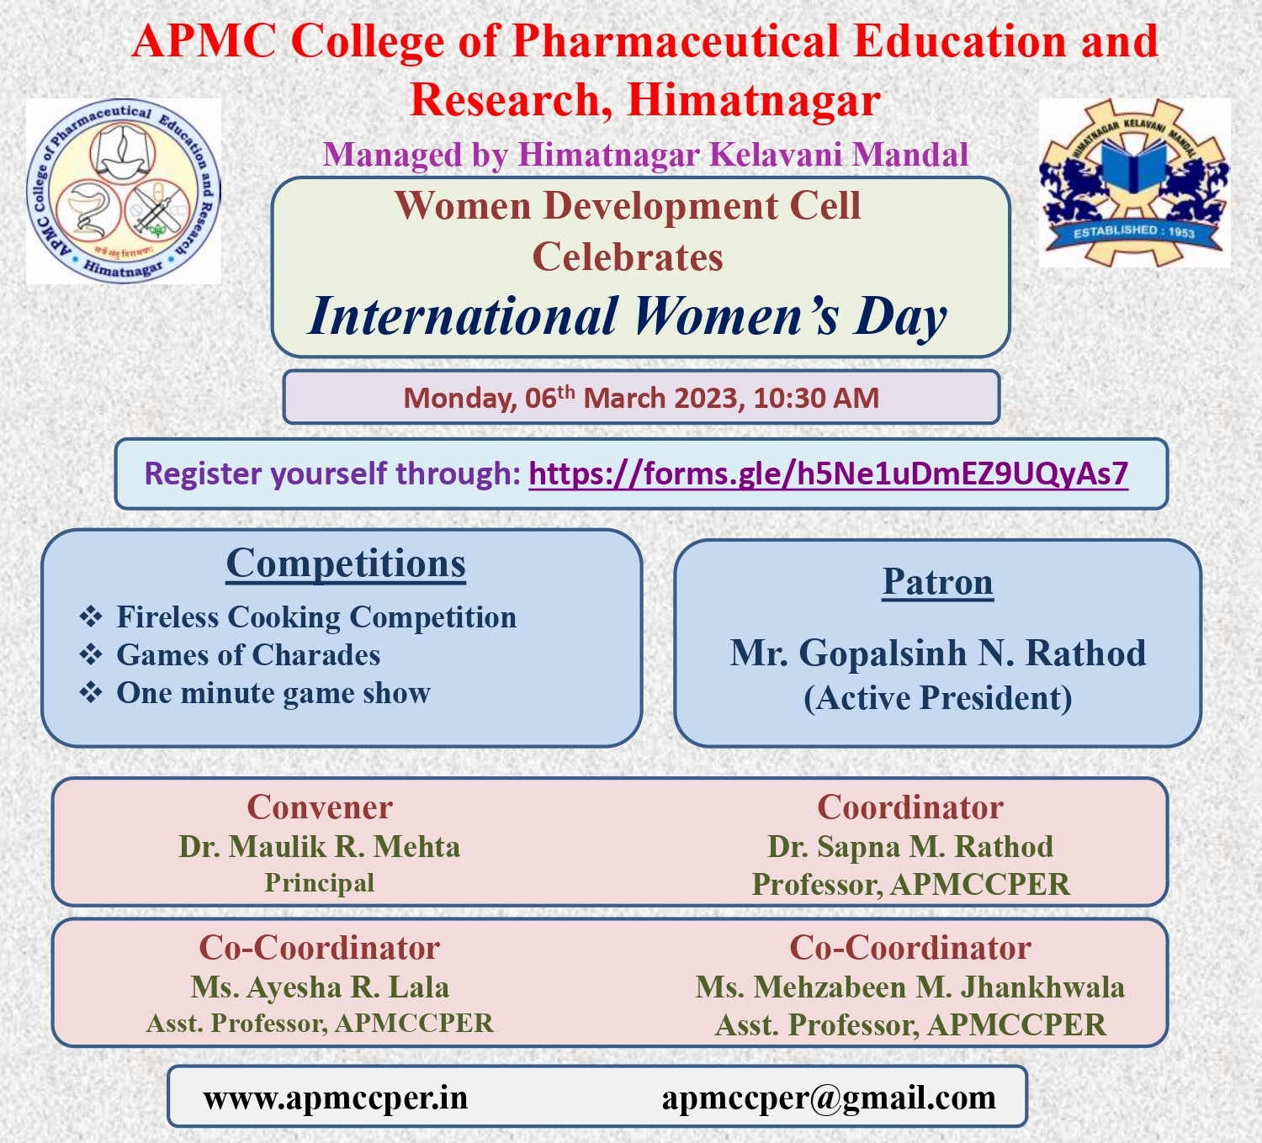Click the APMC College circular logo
(x=124, y=191)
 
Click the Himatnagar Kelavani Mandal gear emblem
(x=1134, y=183)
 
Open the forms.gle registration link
(x=828, y=474)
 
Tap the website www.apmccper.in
(x=336, y=1098)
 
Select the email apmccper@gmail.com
(x=829, y=1098)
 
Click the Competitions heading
(x=346, y=564)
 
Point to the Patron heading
(x=937, y=582)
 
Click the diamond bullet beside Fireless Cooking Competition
(x=91, y=616)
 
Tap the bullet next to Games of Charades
(x=91, y=654)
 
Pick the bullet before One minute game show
(x=91, y=692)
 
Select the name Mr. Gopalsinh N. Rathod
(x=937, y=654)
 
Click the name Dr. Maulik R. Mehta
(x=320, y=846)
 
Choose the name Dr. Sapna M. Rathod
(x=910, y=846)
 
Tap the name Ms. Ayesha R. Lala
(x=320, y=987)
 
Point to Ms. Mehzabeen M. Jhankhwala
(x=910, y=987)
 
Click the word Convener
(x=320, y=807)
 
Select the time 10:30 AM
(x=816, y=398)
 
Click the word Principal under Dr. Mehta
(x=320, y=883)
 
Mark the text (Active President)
(x=937, y=698)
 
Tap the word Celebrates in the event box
(x=628, y=257)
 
